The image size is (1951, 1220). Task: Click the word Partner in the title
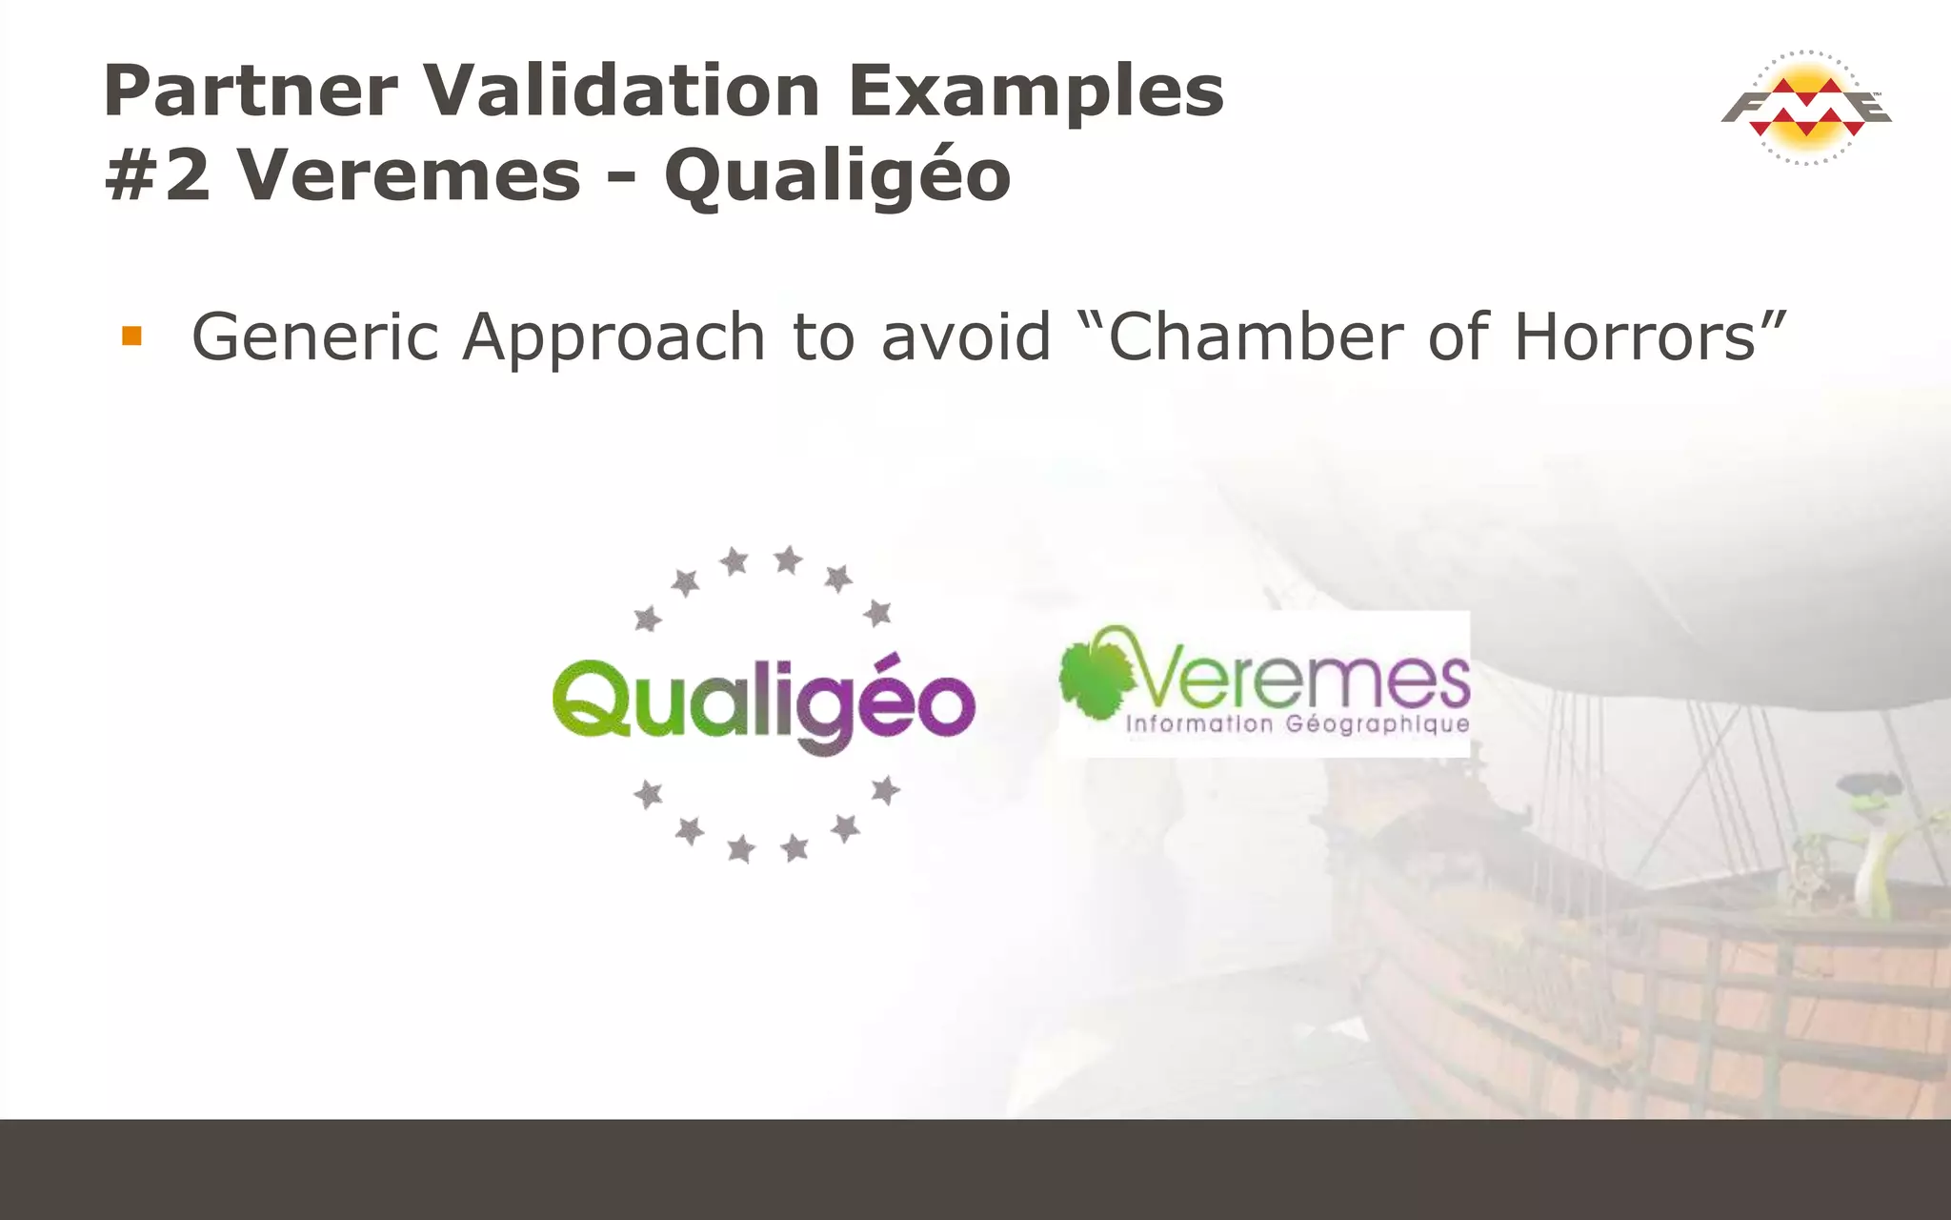(x=250, y=91)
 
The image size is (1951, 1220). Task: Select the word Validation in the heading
(x=621, y=91)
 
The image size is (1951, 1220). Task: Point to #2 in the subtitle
(x=157, y=176)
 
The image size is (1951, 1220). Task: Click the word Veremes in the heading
(x=409, y=176)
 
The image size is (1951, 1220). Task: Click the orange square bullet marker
(x=131, y=336)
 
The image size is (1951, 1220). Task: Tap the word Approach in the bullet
(x=613, y=339)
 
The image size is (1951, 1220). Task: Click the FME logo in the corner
(x=1806, y=108)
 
